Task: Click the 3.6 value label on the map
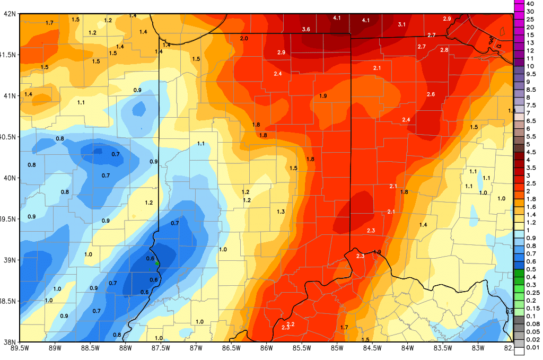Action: pyautogui.click(x=306, y=29)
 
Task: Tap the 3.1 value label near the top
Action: pyautogui.click(x=401, y=24)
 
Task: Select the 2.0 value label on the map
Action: pyautogui.click(x=244, y=39)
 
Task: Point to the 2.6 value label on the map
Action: pyautogui.click(x=431, y=94)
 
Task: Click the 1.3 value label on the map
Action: pyautogui.click(x=281, y=212)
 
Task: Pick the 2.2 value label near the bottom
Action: pyautogui.click(x=290, y=324)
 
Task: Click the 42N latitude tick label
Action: pyautogui.click(x=9, y=14)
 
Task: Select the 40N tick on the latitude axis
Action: pyautogui.click(x=9, y=178)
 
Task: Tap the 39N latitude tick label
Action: pyautogui.click(x=9, y=260)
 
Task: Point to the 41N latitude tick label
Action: pyautogui.click(x=9, y=95)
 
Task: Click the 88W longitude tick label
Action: pyautogui.click(x=125, y=348)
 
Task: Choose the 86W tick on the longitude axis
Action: pyautogui.click(x=267, y=348)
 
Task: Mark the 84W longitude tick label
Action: pyautogui.click(x=408, y=348)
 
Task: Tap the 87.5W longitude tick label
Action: pyautogui.click(x=161, y=348)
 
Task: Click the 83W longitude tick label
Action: pyautogui.click(x=478, y=348)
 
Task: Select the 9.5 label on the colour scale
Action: pyautogui.click(x=530, y=74)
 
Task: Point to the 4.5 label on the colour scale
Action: pyautogui.click(x=530, y=152)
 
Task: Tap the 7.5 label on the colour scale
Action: pyautogui.click(x=530, y=106)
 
